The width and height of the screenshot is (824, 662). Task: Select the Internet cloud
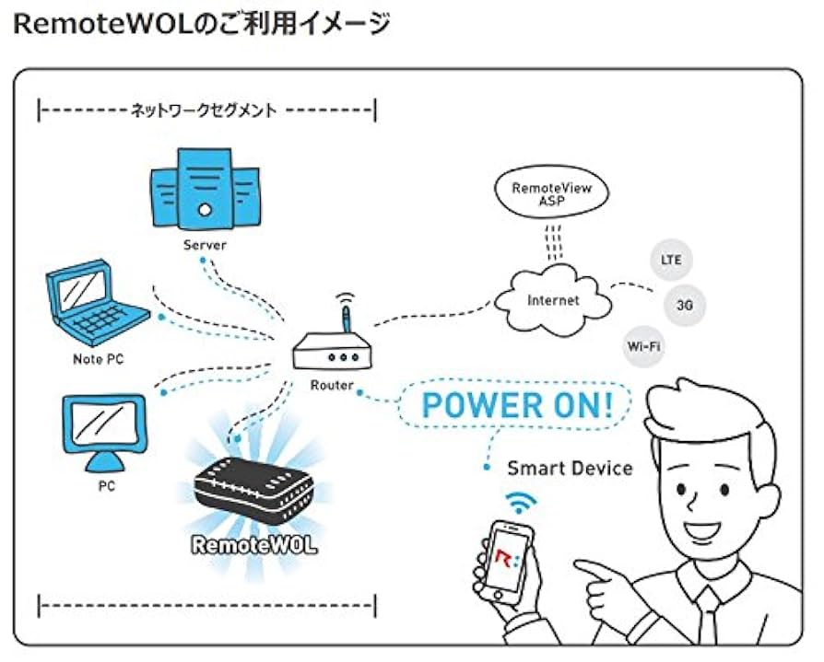(x=553, y=300)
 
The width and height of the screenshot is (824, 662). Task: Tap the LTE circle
(x=671, y=260)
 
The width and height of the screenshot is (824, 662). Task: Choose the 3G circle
(x=685, y=305)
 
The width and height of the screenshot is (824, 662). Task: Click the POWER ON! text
(x=518, y=405)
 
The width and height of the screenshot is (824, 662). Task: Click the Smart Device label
(x=570, y=468)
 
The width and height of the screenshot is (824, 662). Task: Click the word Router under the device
(x=331, y=386)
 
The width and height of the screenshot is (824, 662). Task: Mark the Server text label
(x=205, y=246)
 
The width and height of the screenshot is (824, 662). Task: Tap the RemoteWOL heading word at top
(x=91, y=25)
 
